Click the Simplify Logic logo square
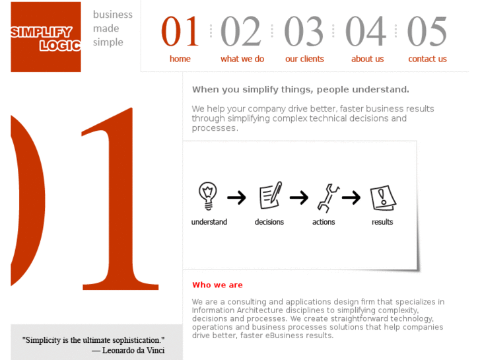46,37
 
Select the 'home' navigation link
180,59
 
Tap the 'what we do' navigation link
242,59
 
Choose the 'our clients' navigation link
304,59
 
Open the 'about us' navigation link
367,59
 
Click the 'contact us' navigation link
427,59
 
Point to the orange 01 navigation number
180,31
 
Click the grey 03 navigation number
304,31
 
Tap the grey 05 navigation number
427,31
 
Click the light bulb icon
208,196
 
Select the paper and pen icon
271,195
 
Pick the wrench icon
328,198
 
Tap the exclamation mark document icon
383,198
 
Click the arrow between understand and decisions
236,198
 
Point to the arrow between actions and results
351,198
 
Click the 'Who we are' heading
217,285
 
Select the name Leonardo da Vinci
133,350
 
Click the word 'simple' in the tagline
108,42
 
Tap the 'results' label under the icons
382,222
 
